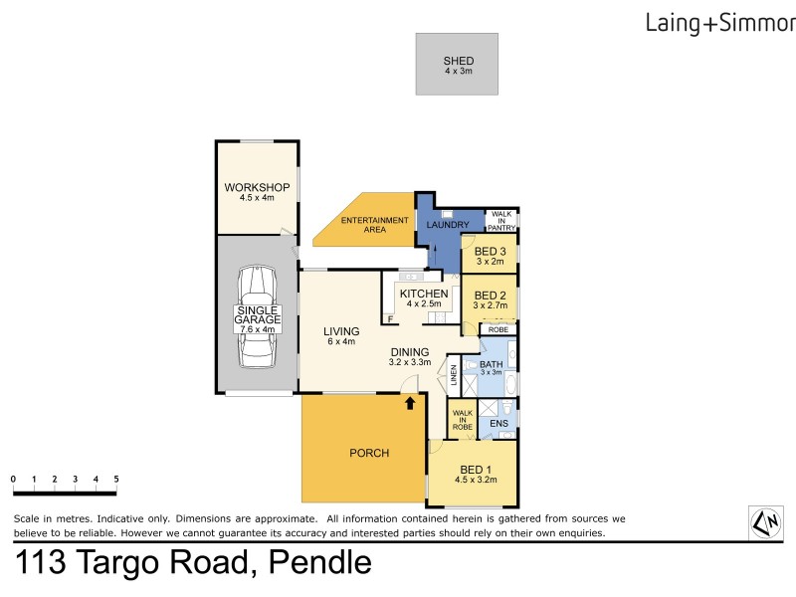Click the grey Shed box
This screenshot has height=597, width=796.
[x=458, y=64]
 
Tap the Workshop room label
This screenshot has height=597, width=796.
[x=256, y=188]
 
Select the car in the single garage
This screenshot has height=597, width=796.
[x=257, y=317]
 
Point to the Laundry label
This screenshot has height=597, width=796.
[x=448, y=225]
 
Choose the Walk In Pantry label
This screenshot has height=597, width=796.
[x=501, y=221]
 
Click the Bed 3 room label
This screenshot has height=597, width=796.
[x=491, y=252]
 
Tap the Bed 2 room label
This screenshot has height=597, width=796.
[x=492, y=296]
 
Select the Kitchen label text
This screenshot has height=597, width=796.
[x=424, y=294]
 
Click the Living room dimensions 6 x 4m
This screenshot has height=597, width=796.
[x=341, y=342]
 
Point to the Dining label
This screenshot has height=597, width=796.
[x=409, y=351]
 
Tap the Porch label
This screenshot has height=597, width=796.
[x=369, y=453]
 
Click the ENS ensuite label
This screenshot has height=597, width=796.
[x=498, y=424]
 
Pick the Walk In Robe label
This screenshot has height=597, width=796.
[x=463, y=419]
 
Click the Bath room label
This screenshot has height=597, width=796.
[x=492, y=365]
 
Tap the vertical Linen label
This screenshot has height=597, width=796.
[x=453, y=374]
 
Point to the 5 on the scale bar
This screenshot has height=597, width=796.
[x=116, y=479]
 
